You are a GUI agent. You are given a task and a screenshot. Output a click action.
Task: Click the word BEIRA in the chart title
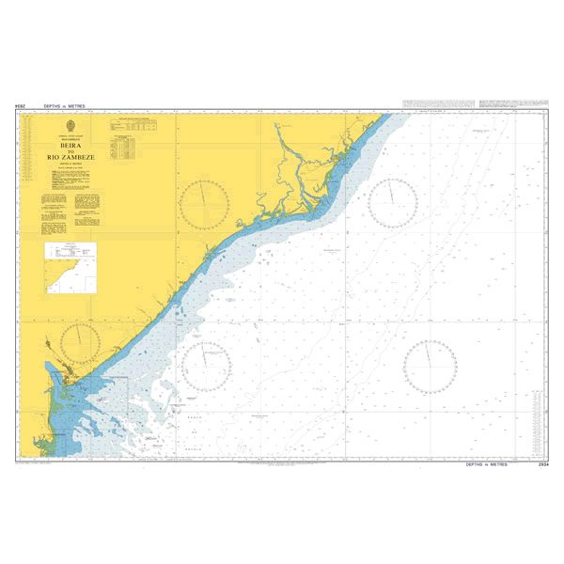[x=70, y=149]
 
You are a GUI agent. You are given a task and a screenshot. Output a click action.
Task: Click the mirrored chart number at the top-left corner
[x=20, y=107]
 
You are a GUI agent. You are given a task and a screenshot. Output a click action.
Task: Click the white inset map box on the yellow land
[x=70, y=264]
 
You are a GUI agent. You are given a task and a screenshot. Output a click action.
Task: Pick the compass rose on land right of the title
[x=205, y=203]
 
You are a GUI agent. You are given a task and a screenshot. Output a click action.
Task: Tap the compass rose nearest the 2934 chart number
[x=430, y=366]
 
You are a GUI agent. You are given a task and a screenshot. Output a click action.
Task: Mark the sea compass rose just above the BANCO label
[x=206, y=365]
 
